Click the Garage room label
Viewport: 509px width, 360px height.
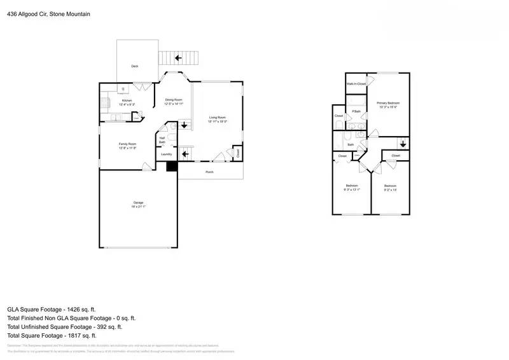click(138, 202)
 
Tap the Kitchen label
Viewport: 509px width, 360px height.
click(127, 100)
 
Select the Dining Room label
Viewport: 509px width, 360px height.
click(174, 99)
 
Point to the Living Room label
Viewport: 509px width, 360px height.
click(218, 117)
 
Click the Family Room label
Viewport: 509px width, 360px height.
click(128, 144)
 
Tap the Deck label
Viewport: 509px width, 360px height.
click(134, 66)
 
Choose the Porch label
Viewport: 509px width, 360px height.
click(209, 172)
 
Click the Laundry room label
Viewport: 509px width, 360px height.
click(167, 154)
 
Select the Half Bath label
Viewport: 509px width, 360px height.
click(162, 140)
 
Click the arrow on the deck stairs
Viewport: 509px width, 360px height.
click(179, 58)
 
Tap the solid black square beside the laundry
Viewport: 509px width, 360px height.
click(171, 166)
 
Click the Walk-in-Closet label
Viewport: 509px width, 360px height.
click(356, 84)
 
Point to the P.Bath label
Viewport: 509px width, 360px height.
click(357, 111)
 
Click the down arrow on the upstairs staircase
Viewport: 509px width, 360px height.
click(403, 143)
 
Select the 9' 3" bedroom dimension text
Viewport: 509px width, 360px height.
click(352, 190)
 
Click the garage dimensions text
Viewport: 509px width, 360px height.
click(138, 207)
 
